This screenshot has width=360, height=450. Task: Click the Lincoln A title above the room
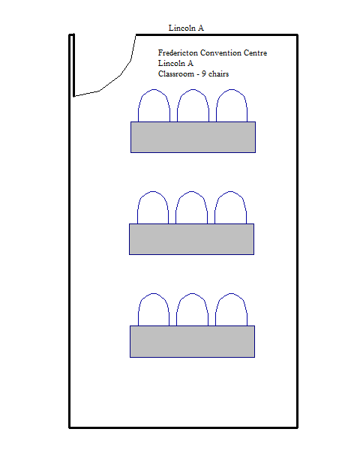(186, 28)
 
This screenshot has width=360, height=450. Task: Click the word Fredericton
(178, 52)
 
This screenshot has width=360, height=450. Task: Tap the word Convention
(220, 52)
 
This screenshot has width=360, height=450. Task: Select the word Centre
(255, 52)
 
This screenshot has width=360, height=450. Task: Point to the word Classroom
(176, 73)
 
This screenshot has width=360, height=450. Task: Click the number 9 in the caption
(203, 73)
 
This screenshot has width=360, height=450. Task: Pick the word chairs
(218, 73)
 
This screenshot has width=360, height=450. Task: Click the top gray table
(193, 137)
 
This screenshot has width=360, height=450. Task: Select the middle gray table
(191, 239)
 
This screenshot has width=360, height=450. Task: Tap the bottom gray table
(192, 341)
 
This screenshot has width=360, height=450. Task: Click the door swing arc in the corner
(121, 75)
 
